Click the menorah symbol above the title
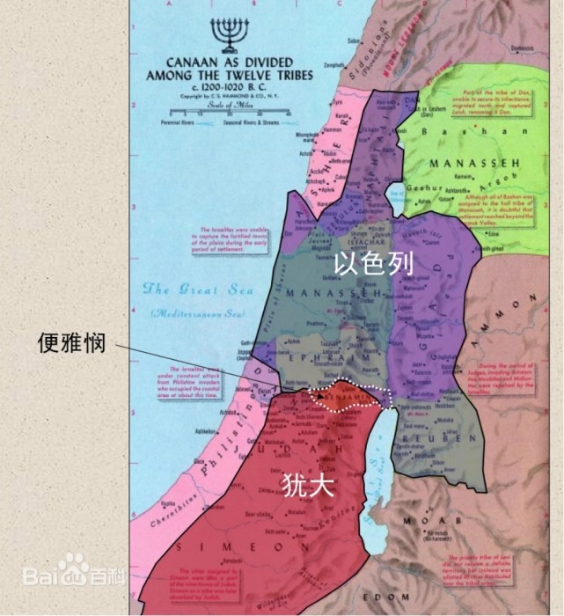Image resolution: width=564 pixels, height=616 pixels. (229, 34)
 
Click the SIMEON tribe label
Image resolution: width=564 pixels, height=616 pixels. (236, 546)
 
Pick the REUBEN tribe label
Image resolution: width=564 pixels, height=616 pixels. (422, 437)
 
